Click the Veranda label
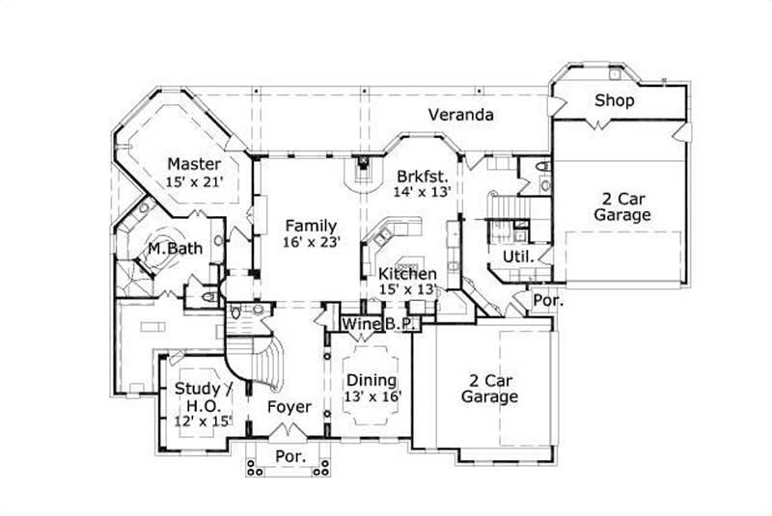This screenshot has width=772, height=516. (461, 116)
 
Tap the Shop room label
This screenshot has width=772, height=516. (614, 100)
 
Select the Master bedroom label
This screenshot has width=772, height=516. (194, 164)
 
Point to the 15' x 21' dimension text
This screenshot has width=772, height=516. (194, 182)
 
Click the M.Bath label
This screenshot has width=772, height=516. (175, 249)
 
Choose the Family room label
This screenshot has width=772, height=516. (312, 225)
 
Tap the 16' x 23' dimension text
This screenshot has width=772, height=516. (312, 243)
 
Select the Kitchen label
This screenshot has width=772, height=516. (406, 274)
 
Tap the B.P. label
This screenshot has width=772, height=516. (400, 325)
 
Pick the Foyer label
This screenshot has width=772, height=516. (289, 407)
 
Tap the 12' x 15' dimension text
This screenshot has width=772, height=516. (204, 422)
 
